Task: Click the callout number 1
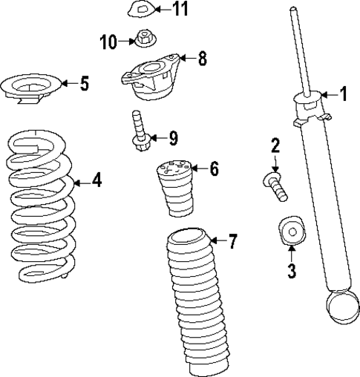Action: [x=343, y=94]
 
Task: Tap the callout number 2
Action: [x=275, y=145]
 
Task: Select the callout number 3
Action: [x=291, y=272]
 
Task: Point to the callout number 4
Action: [x=96, y=181]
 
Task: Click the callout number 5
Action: [x=84, y=84]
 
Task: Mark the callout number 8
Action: [x=201, y=59]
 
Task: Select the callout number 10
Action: [x=108, y=42]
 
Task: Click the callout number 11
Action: [x=180, y=10]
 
